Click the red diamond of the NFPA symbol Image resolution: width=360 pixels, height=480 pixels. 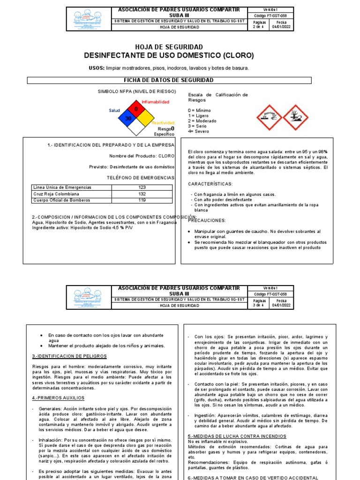(x=136, y=109)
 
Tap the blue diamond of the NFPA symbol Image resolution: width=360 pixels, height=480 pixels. (x=128, y=118)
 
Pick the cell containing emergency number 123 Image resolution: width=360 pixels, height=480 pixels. (x=142, y=187)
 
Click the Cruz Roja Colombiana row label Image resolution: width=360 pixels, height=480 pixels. (x=56, y=194)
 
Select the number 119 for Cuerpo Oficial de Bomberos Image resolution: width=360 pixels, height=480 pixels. (x=142, y=200)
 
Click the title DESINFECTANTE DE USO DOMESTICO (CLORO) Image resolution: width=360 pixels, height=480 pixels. (x=169, y=56)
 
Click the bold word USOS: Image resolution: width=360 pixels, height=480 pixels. (x=97, y=68)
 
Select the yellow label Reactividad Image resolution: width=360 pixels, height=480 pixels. (x=163, y=122)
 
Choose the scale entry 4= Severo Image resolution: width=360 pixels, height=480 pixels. (x=199, y=132)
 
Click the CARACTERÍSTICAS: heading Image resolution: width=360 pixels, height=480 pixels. (x=210, y=184)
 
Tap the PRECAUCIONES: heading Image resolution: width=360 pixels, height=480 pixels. (x=207, y=220)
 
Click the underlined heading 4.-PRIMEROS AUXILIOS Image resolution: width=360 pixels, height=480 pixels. (x=58, y=397)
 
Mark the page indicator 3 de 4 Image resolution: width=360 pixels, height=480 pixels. (x=259, y=305)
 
